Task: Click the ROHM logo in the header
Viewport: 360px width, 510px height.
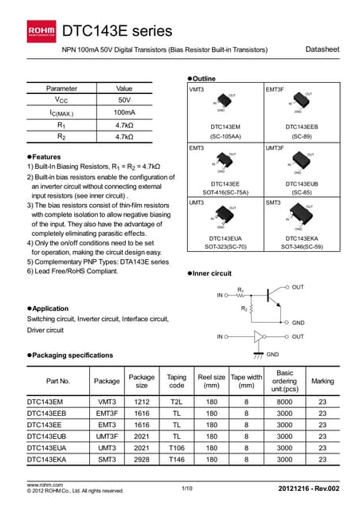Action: click(x=41, y=30)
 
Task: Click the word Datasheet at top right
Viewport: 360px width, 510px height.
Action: click(x=322, y=50)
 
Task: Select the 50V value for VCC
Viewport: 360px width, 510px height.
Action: click(x=124, y=100)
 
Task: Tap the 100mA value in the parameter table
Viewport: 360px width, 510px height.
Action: click(x=124, y=113)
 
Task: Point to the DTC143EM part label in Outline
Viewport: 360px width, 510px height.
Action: click(x=225, y=127)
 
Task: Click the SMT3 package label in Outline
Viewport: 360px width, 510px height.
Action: click(x=276, y=204)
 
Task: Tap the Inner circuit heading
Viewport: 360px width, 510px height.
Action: click(x=211, y=273)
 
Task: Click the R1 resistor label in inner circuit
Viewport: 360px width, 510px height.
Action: click(x=241, y=290)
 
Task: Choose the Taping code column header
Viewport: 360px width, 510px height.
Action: click(x=176, y=381)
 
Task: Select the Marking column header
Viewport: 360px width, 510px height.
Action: click(x=323, y=381)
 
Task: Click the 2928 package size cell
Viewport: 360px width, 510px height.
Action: click(x=142, y=459)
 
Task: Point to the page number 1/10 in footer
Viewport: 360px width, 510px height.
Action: click(x=187, y=487)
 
